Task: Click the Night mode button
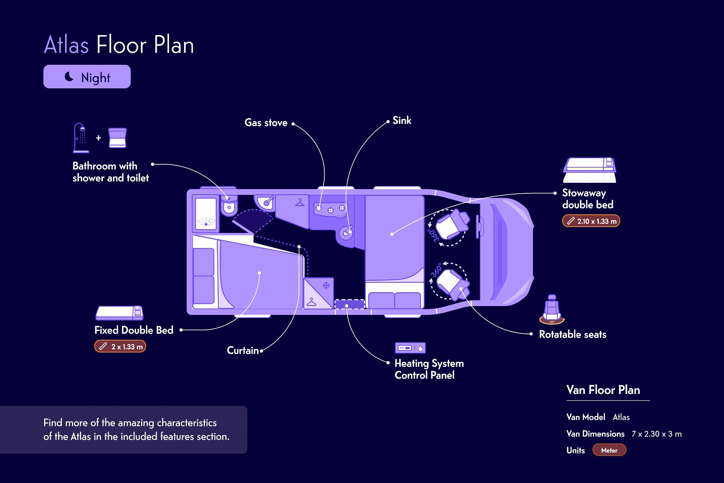tap(87, 77)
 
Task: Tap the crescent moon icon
tap(69, 76)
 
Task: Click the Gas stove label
tap(266, 123)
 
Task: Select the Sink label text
tap(402, 121)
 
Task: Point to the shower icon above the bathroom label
tap(81, 138)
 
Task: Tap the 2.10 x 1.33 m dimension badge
tap(591, 221)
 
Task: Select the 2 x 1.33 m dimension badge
tap(120, 346)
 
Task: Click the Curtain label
tap(243, 350)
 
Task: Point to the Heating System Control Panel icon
tap(410, 348)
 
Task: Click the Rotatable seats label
tap(573, 334)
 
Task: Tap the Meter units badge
tap(609, 450)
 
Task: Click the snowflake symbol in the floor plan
tap(326, 286)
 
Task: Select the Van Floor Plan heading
tap(603, 390)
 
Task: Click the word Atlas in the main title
tap(66, 45)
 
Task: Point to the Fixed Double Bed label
tap(134, 330)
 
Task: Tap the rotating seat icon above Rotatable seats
tap(552, 309)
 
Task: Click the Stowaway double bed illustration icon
tap(590, 170)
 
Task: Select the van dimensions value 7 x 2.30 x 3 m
tap(657, 434)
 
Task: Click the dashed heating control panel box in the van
tap(349, 304)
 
